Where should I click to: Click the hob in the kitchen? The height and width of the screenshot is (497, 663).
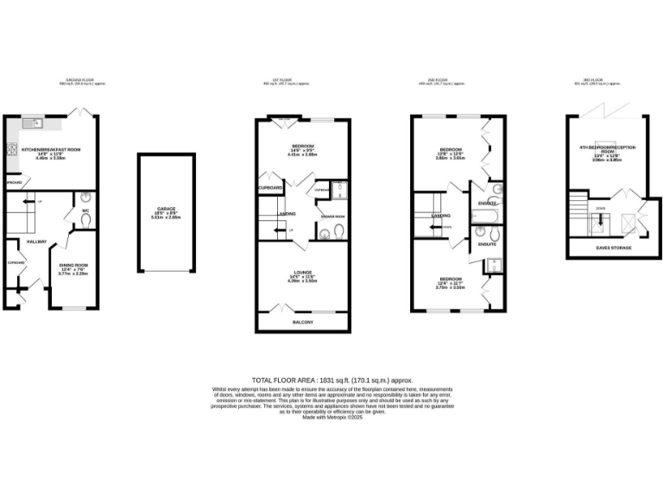tap(12, 148)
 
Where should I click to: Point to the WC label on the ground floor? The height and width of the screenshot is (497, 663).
tap(86, 210)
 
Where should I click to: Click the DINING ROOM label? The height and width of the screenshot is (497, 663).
tap(73, 265)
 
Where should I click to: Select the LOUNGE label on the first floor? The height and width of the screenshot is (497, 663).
tap(302, 272)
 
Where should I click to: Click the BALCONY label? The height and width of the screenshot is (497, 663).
tap(302, 323)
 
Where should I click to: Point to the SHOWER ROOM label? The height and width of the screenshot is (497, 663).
tap(332, 217)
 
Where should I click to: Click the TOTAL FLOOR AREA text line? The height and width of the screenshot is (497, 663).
tap(331, 380)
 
